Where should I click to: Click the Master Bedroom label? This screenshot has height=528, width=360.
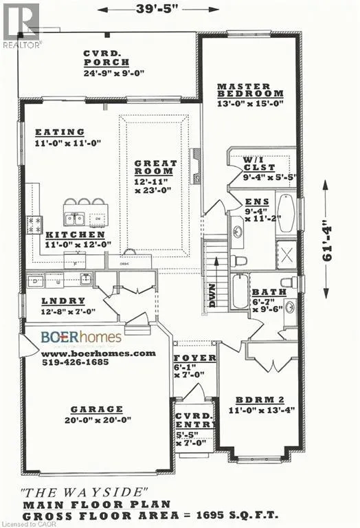249,89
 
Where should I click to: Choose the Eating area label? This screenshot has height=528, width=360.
60,132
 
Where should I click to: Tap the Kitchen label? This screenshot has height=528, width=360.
61,234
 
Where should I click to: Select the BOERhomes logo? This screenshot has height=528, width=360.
81,337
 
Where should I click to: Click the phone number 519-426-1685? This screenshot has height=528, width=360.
79,364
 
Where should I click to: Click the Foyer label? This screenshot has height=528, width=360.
194,358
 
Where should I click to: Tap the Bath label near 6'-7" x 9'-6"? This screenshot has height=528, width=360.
265,292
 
